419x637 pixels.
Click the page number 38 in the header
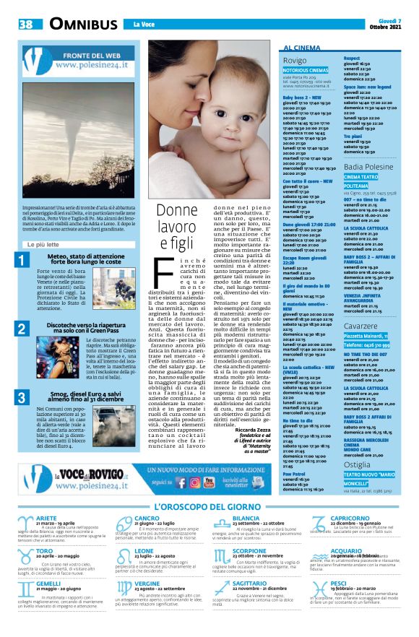pyautogui.click(x=27, y=25)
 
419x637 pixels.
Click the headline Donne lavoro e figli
pyautogui.click(x=177, y=225)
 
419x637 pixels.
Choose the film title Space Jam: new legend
pyautogui.click(x=368, y=85)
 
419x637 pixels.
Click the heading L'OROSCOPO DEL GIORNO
pyautogui.click(x=209, y=508)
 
